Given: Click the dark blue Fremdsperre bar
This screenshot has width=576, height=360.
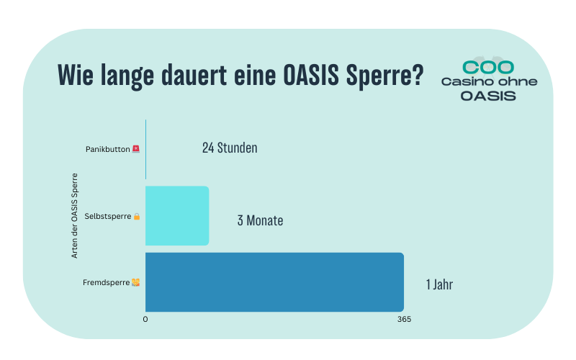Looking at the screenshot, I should tap(274, 282).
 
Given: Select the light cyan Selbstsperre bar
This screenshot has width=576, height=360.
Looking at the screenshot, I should tap(177, 216).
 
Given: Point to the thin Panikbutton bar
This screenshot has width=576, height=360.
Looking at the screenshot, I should tap(145, 149).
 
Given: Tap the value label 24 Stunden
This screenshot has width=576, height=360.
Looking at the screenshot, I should tap(230, 148).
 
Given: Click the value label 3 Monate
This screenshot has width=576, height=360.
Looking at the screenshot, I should tap(260, 220).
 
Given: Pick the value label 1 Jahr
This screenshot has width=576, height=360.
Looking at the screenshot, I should tap(439, 284).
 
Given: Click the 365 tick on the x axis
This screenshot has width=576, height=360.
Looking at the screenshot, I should tap(404, 319).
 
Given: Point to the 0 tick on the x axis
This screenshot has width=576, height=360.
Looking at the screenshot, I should tap(145, 319).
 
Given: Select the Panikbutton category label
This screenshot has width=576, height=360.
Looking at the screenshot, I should tap(107, 149).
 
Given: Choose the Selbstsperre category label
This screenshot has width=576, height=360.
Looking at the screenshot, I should tap(107, 216).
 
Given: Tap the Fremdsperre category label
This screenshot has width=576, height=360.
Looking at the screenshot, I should tap(107, 282).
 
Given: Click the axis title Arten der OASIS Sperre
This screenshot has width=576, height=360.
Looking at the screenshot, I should tap(74, 216).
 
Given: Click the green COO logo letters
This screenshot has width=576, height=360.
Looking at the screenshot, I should tap(488, 67).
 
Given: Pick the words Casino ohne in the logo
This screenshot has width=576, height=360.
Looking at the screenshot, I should tap(489, 81).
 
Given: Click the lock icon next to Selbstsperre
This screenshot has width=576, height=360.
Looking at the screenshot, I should tap(136, 216).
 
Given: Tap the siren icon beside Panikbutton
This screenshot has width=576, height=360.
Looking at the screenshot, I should tap(135, 149).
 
